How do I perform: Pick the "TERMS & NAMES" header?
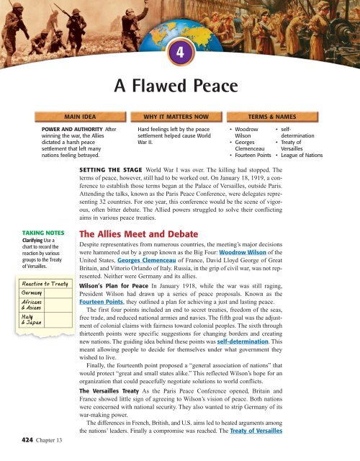(x=276, y=115)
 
